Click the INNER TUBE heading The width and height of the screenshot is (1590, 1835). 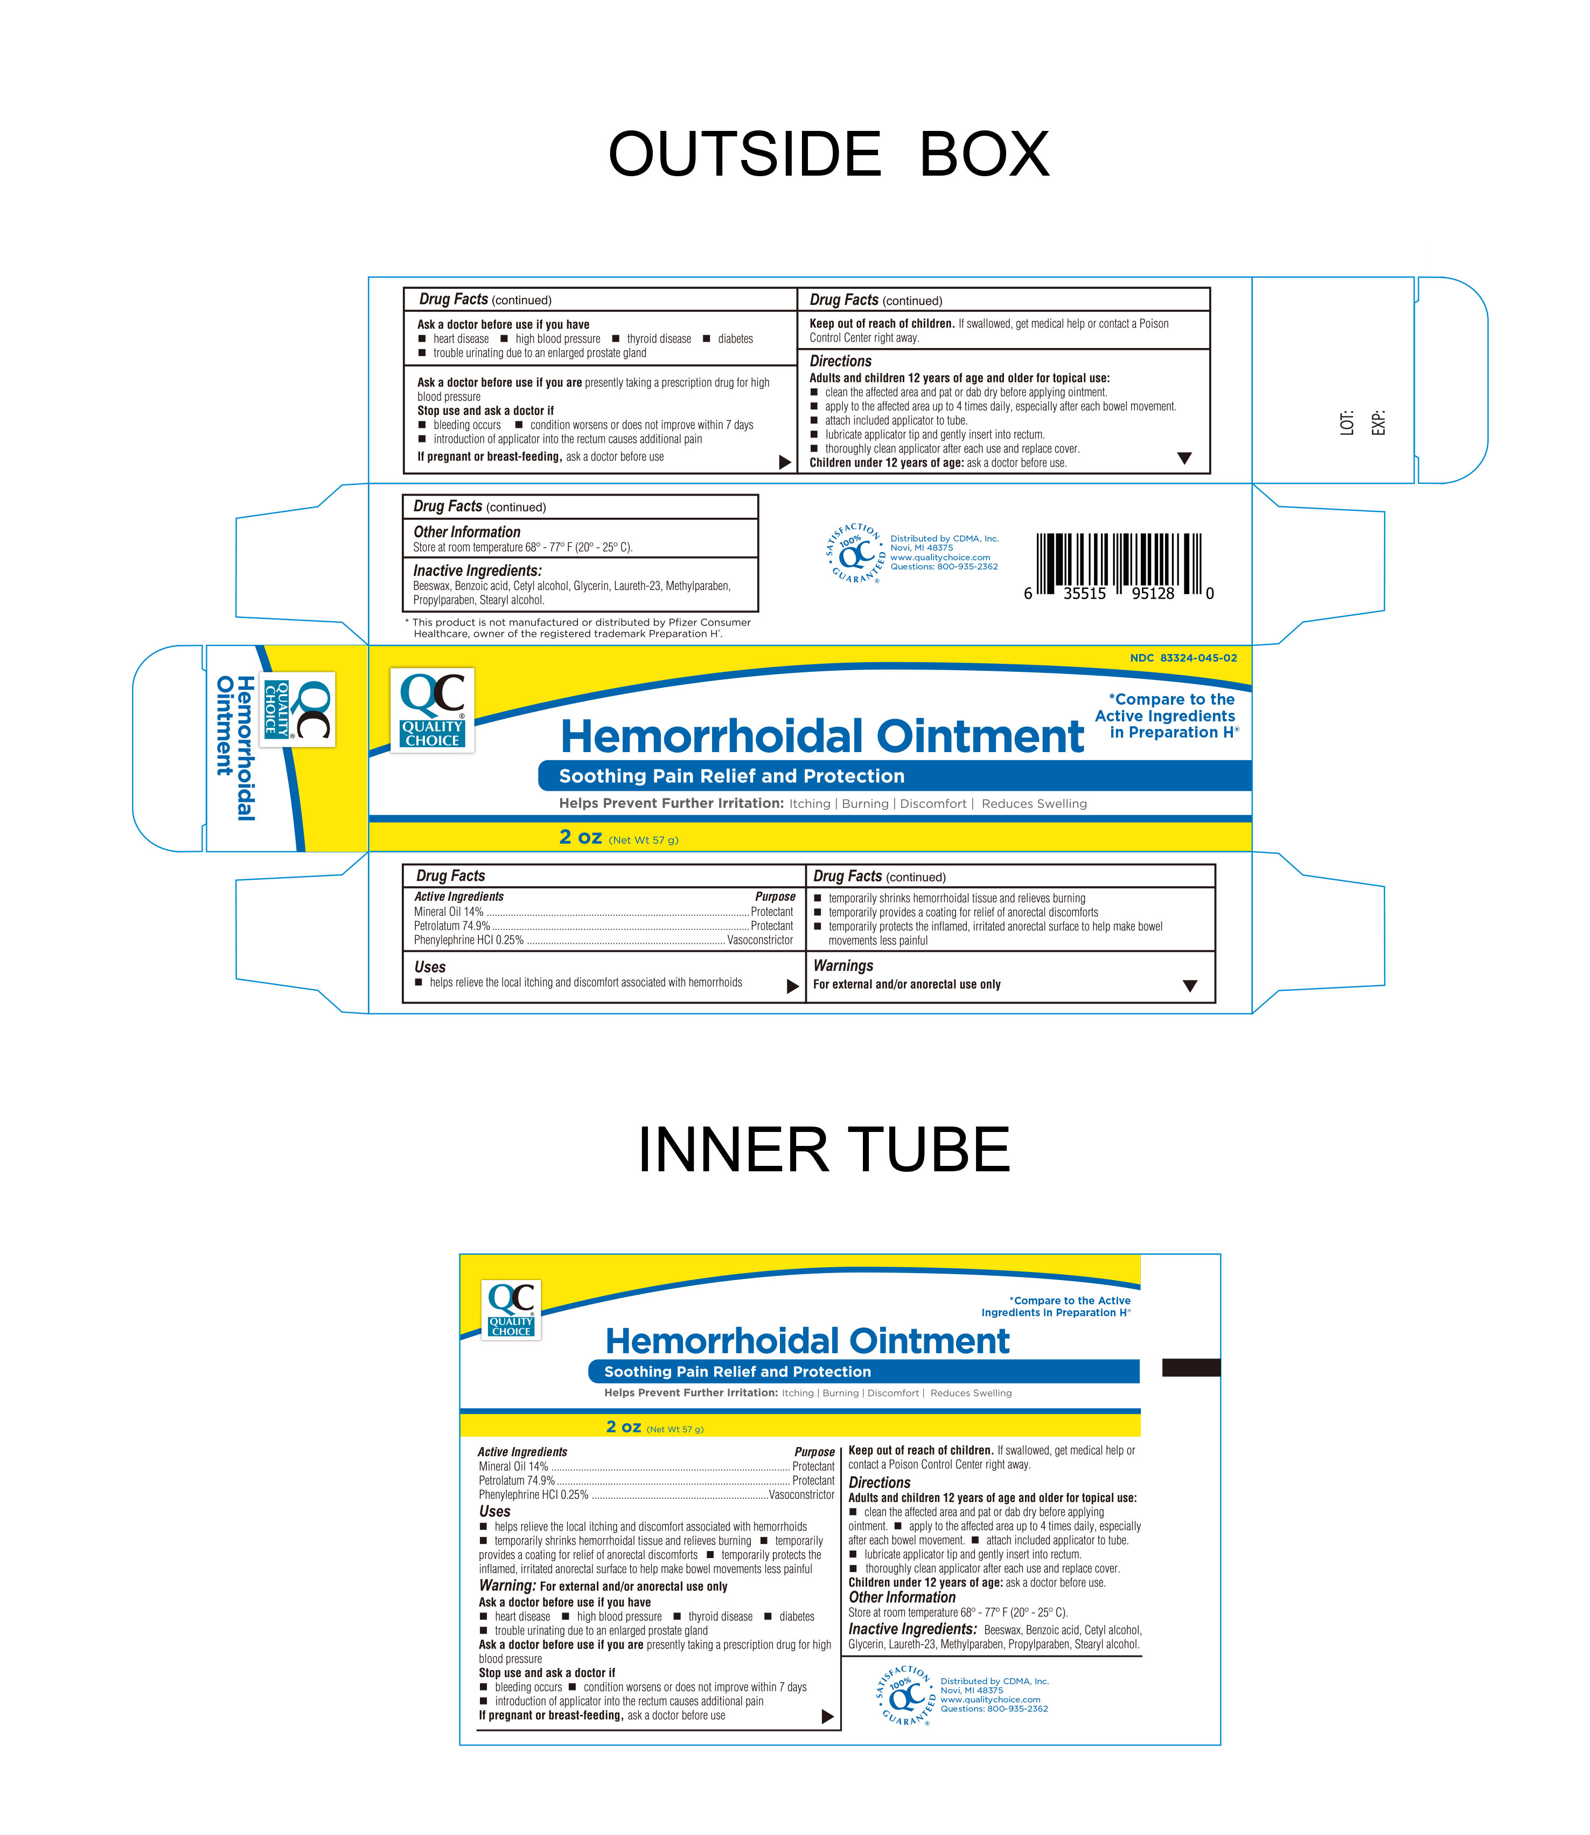point(824,1150)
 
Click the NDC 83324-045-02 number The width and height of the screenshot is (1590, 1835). point(1183,657)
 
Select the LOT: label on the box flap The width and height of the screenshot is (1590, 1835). point(1347,422)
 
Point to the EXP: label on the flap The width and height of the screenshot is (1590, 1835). point(1378,422)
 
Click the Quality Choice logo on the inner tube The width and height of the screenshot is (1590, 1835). point(511,1309)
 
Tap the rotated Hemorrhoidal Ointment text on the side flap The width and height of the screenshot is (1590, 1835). point(236,747)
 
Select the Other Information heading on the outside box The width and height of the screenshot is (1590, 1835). point(466,532)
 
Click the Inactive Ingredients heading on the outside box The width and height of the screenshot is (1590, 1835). point(477,571)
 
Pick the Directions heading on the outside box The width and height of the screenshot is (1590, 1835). point(840,361)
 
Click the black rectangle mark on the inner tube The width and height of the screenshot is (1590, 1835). point(1191,1367)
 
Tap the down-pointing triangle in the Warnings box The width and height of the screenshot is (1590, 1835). point(1190,986)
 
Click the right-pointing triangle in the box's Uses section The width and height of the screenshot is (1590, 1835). point(792,986)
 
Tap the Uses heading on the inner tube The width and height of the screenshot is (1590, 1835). point(495,1511)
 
